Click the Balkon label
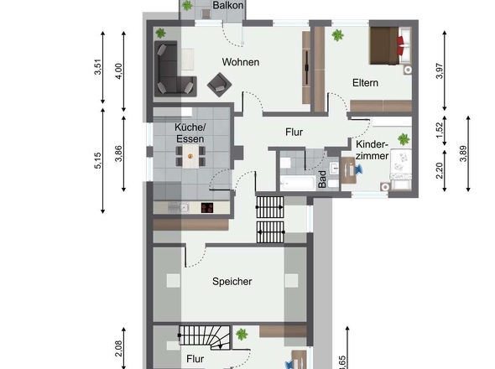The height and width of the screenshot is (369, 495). (229, 6)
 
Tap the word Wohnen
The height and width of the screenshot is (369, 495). (240, 62)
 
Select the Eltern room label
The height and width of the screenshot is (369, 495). (365, 83)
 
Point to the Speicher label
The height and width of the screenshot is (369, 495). (232, 282)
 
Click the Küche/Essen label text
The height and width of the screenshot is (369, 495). (190, 133)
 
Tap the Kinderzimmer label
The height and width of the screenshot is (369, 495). (372, 150)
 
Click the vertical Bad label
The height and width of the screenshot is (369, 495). (322, 180)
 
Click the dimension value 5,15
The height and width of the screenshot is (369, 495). (98, 161)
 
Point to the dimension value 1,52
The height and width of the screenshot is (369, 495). (439, 129)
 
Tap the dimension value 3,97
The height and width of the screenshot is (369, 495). (439, 71)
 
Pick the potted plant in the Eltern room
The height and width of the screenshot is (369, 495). (337, 35)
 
